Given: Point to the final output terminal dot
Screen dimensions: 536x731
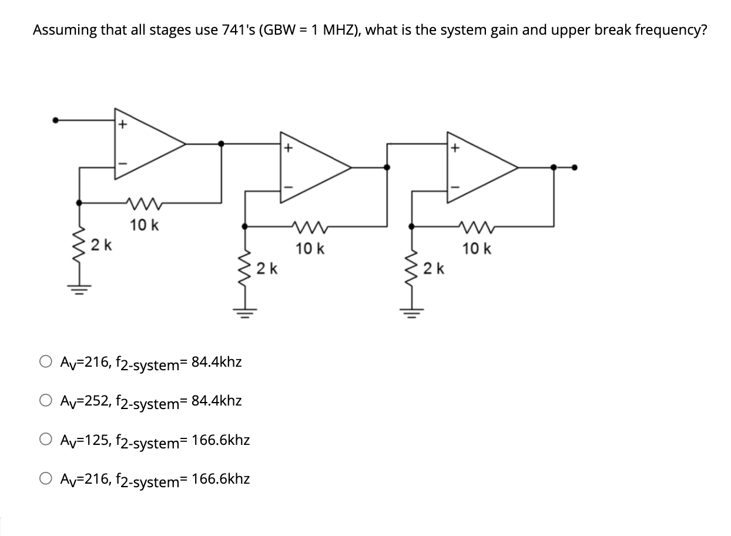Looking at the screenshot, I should tap(575, 168).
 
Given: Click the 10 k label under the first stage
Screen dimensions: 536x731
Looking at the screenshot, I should tap(144, 225).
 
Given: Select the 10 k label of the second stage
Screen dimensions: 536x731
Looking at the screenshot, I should tap(310, 249).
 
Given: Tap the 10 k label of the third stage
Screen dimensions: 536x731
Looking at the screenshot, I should tap(477, 249).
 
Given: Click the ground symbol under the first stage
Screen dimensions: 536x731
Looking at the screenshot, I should tap(80, 290).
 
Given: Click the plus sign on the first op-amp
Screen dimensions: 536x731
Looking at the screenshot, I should tap(122, 125).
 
